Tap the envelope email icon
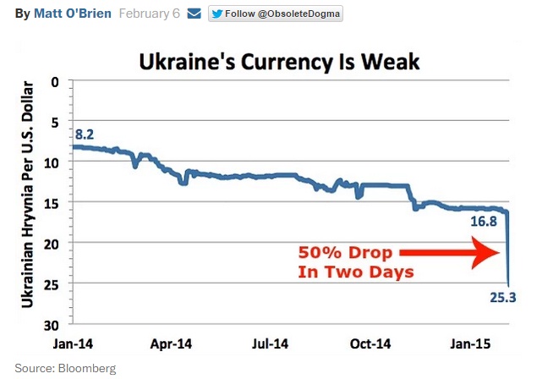(x=194, y=14)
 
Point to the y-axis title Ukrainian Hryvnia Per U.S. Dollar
(x=28, y=194)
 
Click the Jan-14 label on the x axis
(x=74, y=345)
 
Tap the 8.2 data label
(x=84, y=135)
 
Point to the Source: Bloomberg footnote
(x=64, y=368)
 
